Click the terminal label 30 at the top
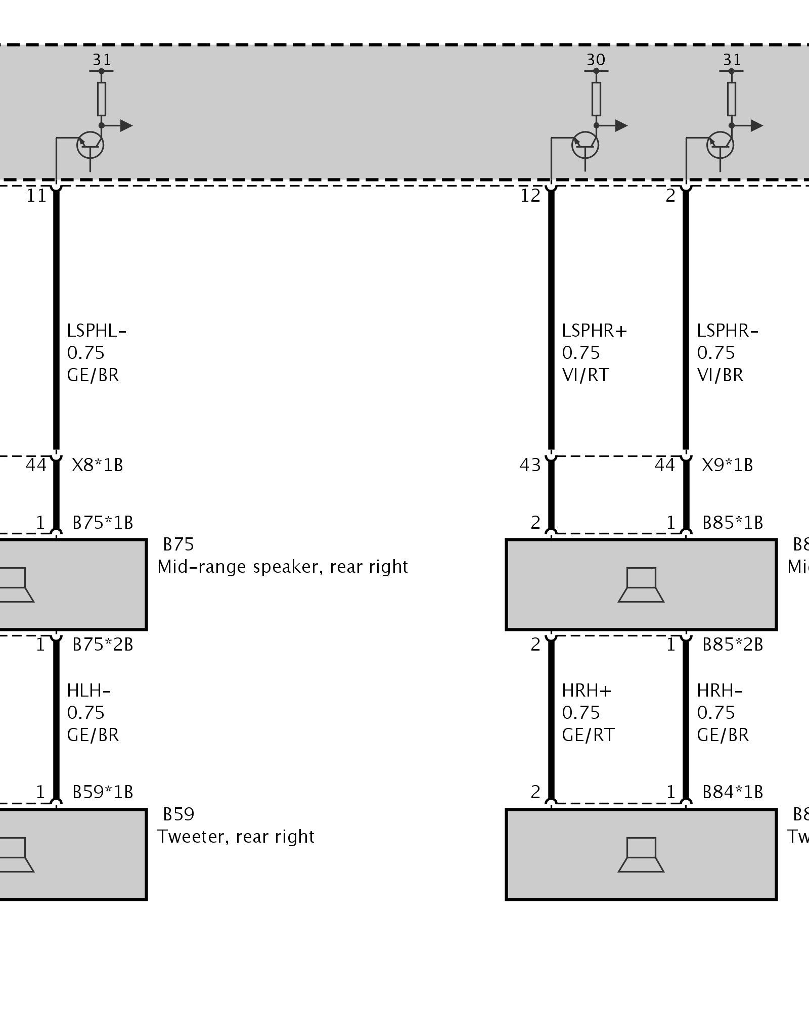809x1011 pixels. click(x=596, y=60)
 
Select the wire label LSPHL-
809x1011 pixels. click(x=96, y=331)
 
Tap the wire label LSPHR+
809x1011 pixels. click(x=594, y=331)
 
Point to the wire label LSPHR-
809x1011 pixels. click(x=728, y=331)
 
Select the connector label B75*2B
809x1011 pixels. click(x=103, y=645)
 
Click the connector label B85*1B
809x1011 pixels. click(x=733, y=523)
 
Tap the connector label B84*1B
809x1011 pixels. click(x=733, y=792)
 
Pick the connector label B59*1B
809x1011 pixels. click(x=103, y=792)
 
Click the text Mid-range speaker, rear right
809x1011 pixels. click(x=282, y=567)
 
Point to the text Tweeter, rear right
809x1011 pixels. click(x=236, y=837)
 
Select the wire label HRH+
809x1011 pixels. click(x=587, y=691)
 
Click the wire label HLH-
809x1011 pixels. click(x=88, y=691)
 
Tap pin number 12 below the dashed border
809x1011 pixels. click(x=530, y=196)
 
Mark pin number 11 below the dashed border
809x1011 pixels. click(x=36, y=196)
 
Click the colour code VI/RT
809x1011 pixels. click(x=586, y=375)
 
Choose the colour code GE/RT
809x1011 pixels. click(x=588, y=735)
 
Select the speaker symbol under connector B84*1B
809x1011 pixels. click(x=641, y=855)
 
